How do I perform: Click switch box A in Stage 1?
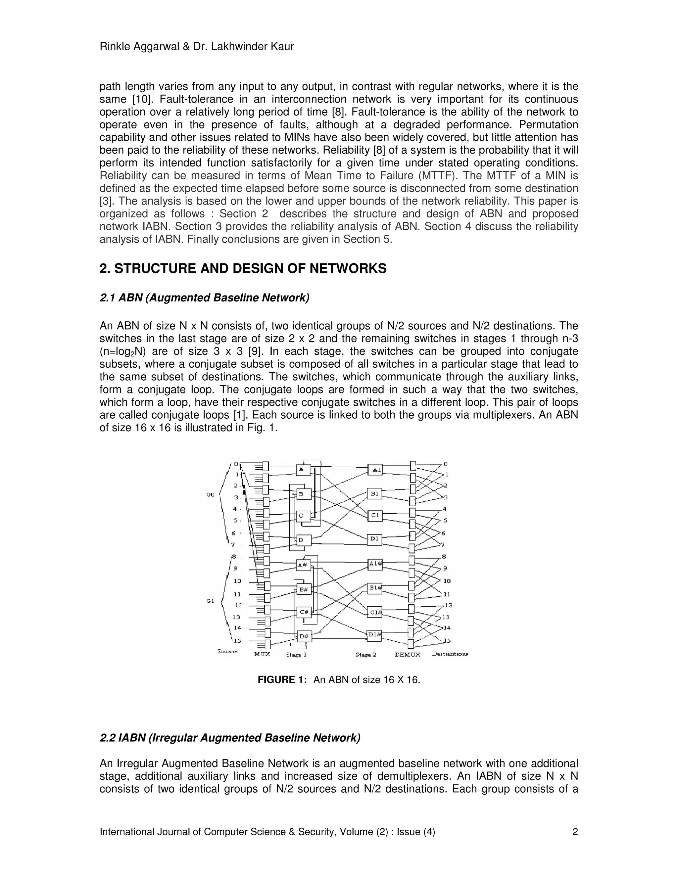click(303, 469)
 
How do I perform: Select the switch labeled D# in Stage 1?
click(304, 636)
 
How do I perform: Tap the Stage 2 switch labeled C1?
click(374, 515)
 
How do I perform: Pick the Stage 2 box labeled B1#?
click(375, 588)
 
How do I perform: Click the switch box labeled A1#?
click(375, 564)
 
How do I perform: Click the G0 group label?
click(211, 495)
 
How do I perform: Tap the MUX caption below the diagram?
click(262, 654)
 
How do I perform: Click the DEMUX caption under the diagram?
click(407, 655)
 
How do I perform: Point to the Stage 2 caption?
click(365, 655)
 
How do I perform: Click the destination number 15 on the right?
click(447, 641)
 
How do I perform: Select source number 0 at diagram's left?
click(236, 464)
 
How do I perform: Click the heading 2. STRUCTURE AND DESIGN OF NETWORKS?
click(243, 268)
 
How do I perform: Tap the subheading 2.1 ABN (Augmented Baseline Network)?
click(205, 298)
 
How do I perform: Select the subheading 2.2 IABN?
click(230, 738)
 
